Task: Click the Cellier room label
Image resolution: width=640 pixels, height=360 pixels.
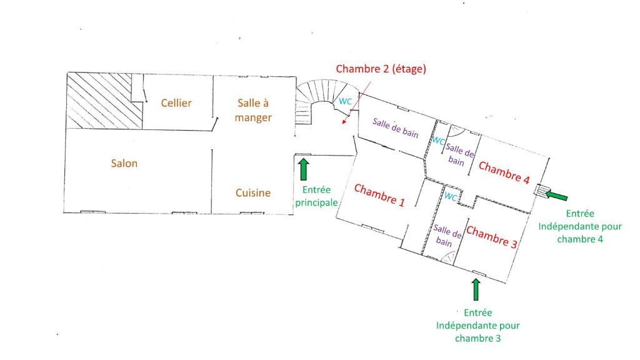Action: pos(176,103)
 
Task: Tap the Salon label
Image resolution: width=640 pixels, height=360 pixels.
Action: pos(124,163)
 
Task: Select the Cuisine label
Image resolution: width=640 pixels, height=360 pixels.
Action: pos(253,192)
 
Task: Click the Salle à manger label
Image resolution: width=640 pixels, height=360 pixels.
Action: pos(253,110)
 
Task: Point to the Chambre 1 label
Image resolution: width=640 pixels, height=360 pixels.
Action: pos(379,195)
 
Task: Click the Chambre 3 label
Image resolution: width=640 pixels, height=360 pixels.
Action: pos(492,237)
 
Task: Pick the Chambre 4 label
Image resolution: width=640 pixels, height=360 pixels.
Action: pos(504,172)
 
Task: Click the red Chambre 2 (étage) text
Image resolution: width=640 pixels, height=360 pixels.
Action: pos(381,69)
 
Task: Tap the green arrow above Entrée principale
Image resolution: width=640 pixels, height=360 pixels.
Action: pos(304,169)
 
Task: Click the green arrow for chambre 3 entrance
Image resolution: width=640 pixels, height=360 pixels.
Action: pos(476,289)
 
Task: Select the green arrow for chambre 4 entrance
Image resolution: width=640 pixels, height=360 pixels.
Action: pos(556,195)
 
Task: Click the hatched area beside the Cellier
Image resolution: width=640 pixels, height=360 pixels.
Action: pos(104,101)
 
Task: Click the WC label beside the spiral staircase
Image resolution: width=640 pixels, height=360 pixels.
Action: pos(345,101)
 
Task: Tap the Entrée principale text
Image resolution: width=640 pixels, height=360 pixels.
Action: pos(316,196)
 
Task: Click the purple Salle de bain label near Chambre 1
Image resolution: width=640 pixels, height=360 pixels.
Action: pos(395,127)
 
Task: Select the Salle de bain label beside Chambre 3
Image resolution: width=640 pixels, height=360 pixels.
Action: pos(446,236)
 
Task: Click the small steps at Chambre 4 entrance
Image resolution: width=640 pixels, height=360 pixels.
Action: pos(542,190)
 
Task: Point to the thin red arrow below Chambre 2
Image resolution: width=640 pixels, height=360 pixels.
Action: pos(357,102)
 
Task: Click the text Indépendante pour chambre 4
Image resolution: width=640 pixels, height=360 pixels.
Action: pos(580,232)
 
